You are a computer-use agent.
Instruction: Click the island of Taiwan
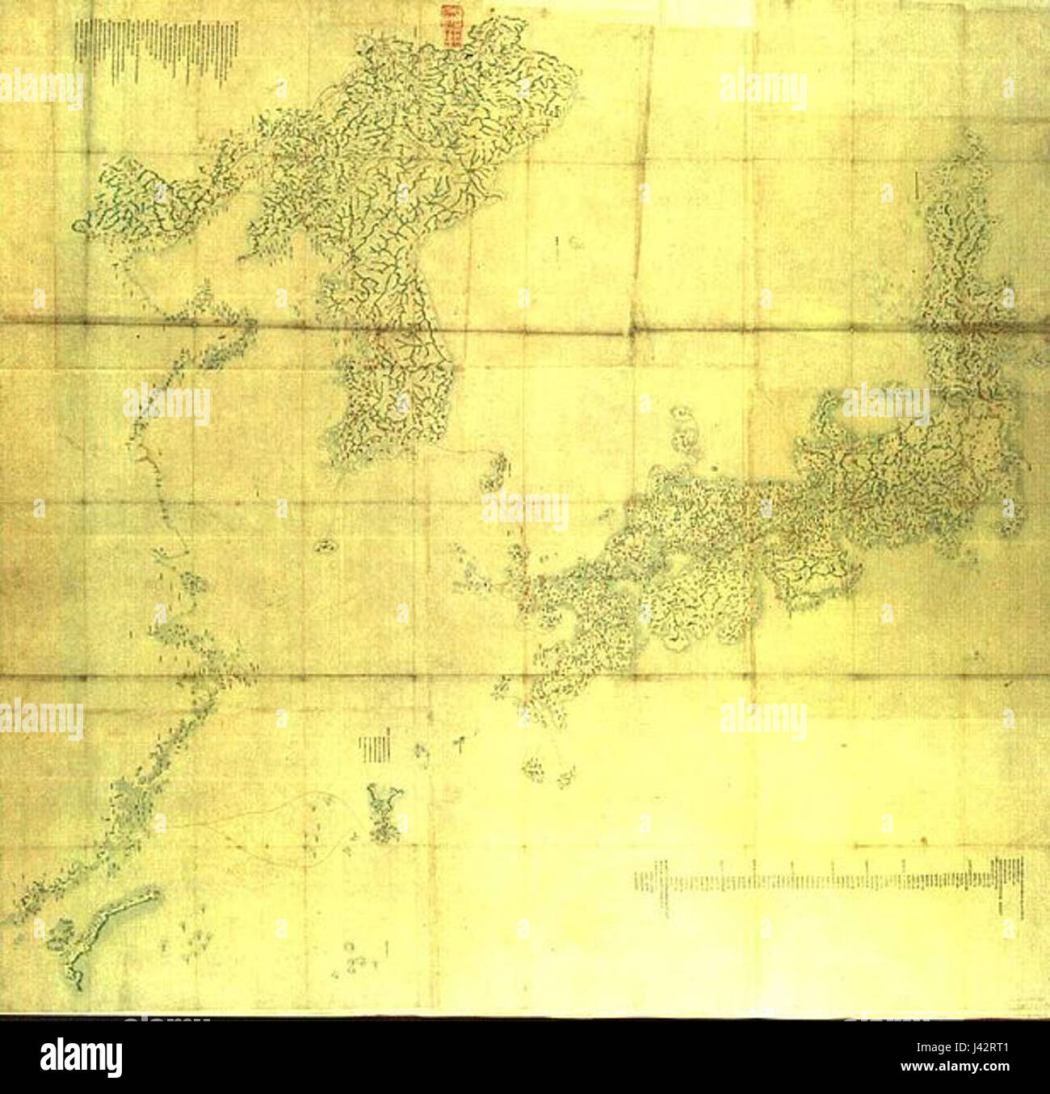pyautogui.click(x=105, y=929)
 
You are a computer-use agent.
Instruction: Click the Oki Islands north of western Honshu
pyautogui.click(x=684, y=429)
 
